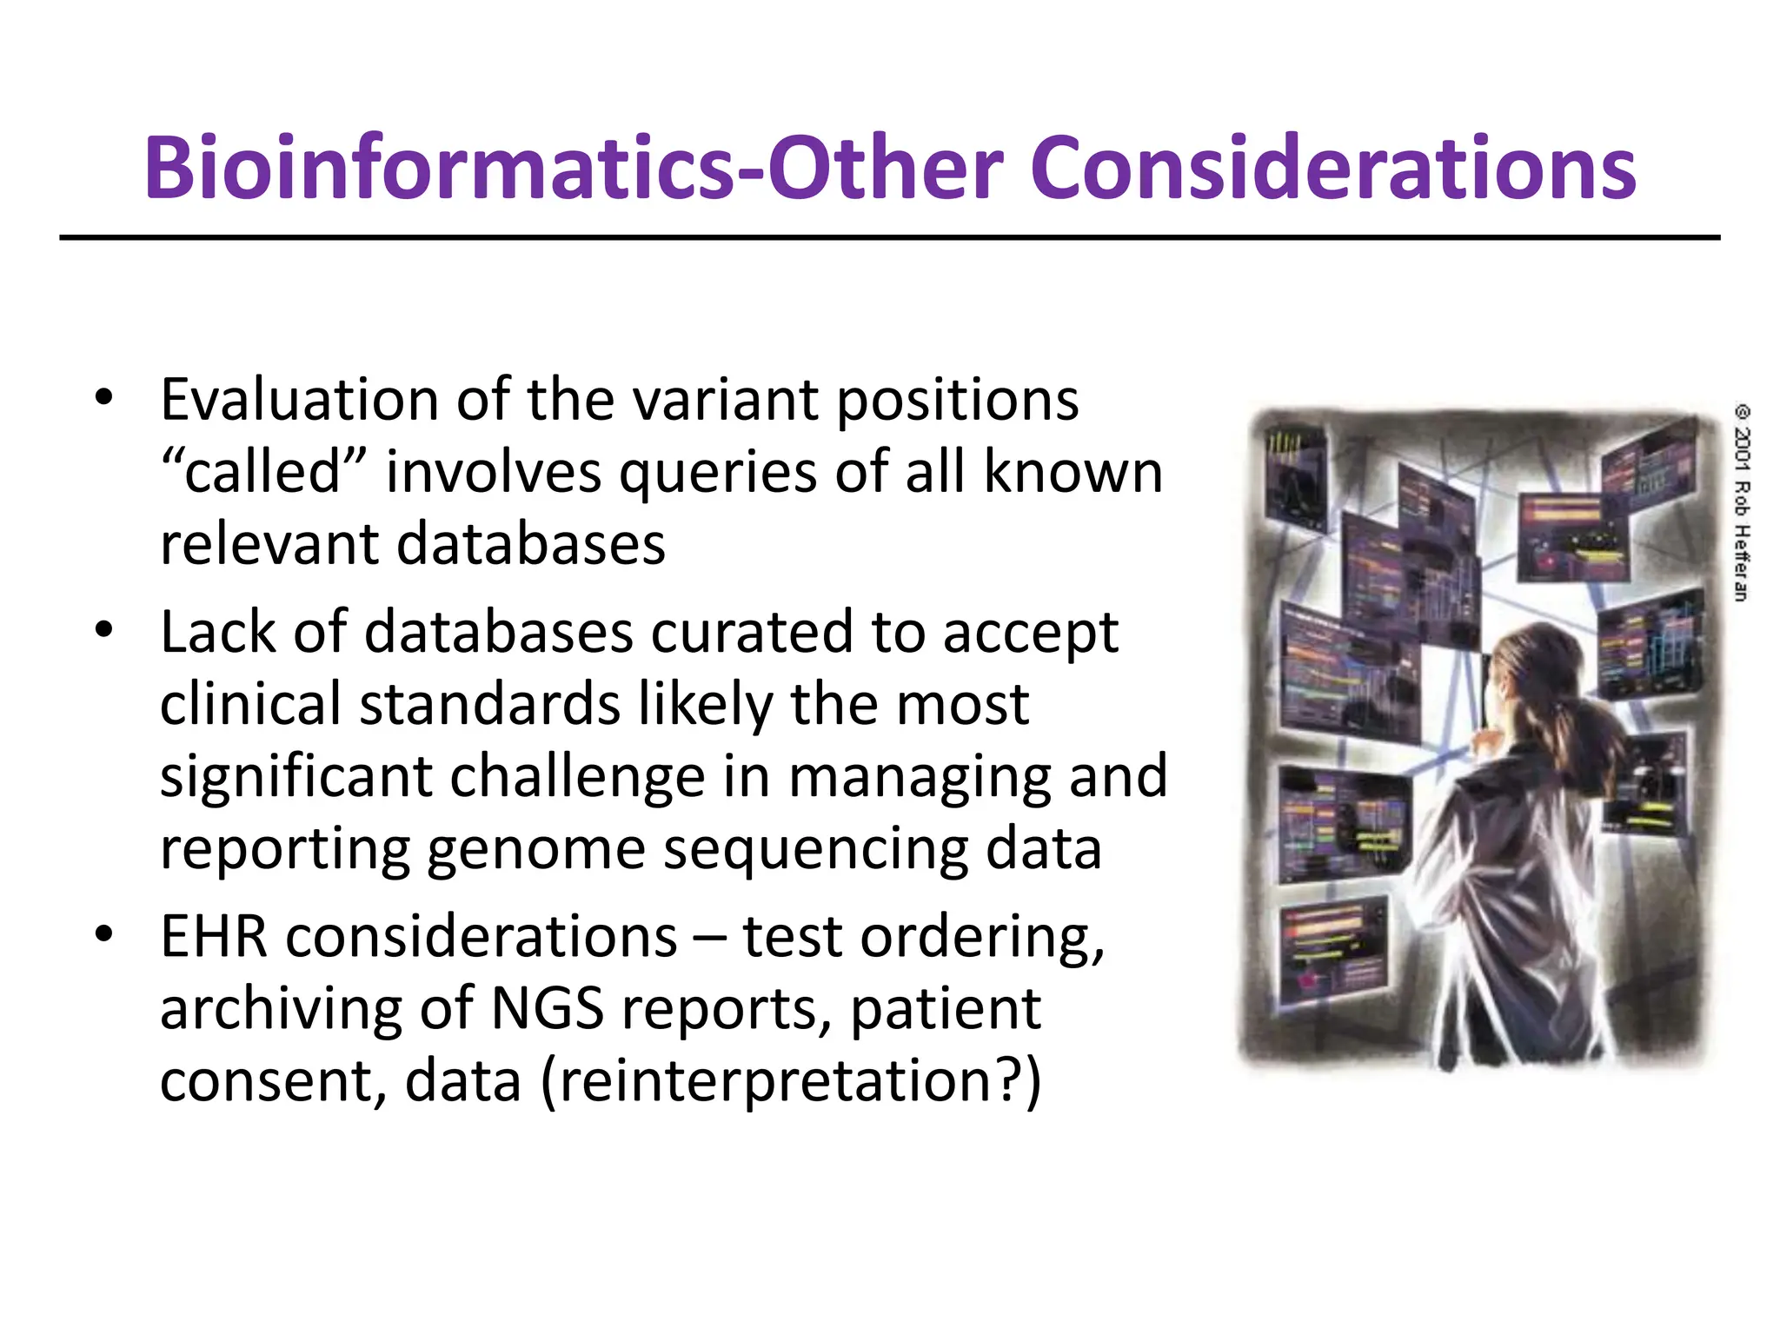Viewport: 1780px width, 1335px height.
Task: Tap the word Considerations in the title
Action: (1333, 169)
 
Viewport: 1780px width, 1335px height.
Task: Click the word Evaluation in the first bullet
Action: (299, 401)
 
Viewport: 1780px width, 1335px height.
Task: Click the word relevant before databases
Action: (268, 545)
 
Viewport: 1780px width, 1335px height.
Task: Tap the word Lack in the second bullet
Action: (218, 632)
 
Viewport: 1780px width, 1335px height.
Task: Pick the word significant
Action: (296, 778)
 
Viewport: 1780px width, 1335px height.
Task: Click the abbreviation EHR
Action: (214, 938)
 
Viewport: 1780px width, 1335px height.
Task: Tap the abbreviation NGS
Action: (548, 1010)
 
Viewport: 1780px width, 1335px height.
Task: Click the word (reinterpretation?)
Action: (791, 1083)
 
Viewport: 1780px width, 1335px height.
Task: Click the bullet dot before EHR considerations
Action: (104, 936)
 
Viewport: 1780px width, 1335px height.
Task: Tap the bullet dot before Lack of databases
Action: (104, 630)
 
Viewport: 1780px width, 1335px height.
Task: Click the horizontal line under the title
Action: (890, 237)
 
